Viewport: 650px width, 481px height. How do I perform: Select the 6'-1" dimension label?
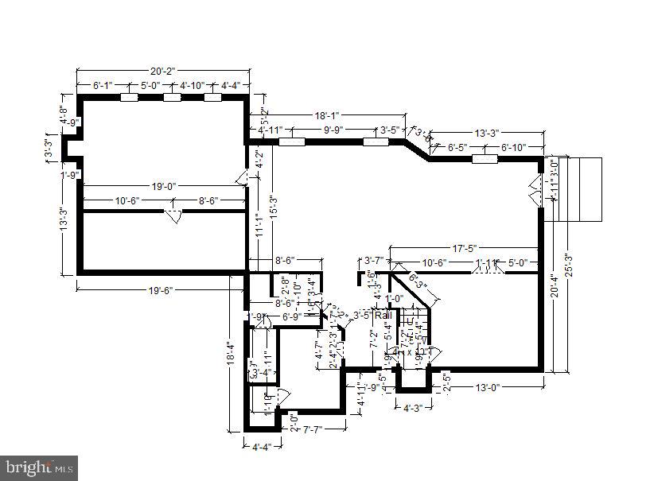point(103,85)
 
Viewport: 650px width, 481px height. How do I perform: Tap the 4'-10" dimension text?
point(192,85)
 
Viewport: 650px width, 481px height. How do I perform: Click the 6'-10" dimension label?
point(516,147)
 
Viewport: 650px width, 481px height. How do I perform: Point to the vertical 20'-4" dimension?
point(553,284)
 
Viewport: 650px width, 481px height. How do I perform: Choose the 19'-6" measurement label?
point(152,290)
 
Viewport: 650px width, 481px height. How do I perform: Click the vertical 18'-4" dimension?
point(232,351)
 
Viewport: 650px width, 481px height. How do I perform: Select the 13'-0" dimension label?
point(487,387)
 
